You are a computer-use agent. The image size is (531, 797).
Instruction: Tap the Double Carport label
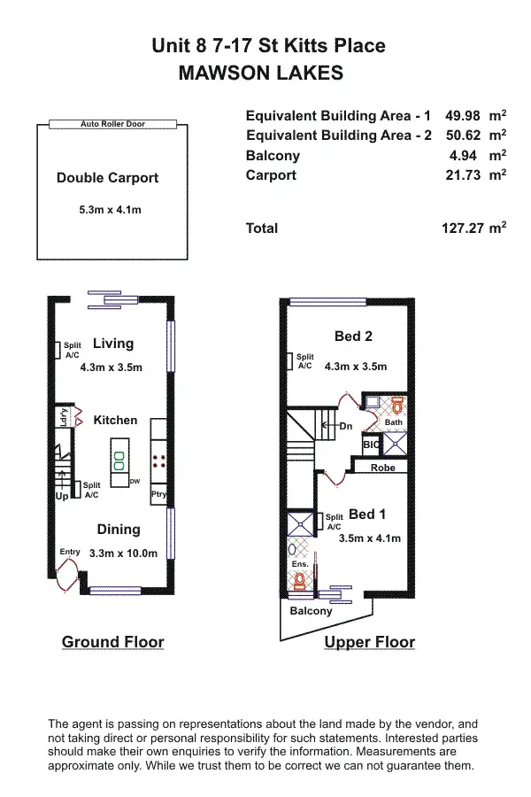(107, 178)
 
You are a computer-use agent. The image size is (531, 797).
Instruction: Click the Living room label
(113, 344)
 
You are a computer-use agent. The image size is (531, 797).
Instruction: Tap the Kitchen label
(116, 420)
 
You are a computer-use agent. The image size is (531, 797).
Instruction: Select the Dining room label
(119, 530)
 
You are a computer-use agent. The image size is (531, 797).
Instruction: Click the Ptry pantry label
(159, 495)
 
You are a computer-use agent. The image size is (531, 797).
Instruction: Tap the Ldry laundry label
(65, 415)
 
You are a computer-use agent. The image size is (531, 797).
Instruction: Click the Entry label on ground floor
(70, 553)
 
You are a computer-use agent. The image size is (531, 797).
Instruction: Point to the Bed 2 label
(352, 337)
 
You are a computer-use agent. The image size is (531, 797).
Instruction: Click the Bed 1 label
(366, 515)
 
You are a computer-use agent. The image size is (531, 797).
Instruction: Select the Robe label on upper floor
(382, 468)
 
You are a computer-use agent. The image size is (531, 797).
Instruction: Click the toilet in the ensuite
(300, 581)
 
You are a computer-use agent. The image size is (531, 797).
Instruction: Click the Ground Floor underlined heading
(112, 642)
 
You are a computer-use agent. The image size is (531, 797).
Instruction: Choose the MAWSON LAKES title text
(261, 74)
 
